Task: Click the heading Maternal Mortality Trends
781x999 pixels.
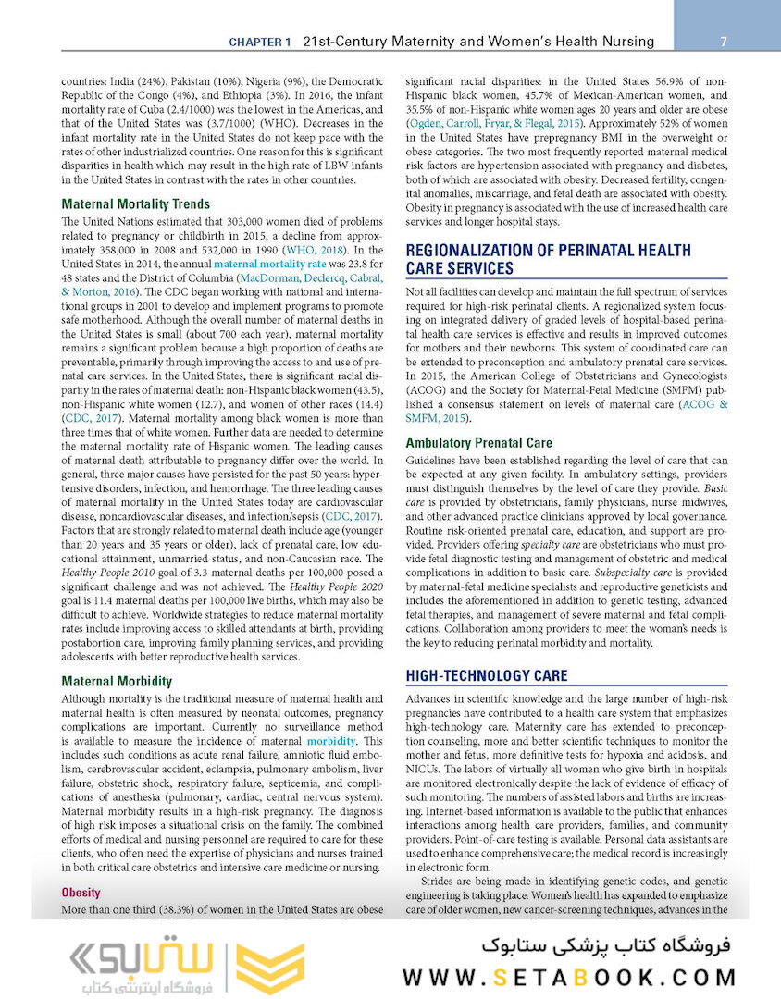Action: click(135, 203)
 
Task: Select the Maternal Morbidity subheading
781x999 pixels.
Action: click(117, 681)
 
